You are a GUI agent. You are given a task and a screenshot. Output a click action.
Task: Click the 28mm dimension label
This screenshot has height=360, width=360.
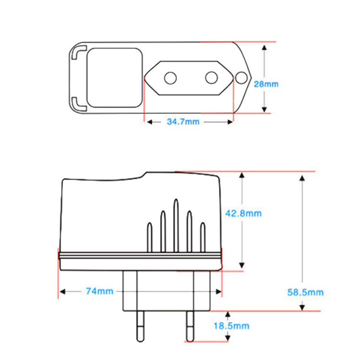click(x=266, y=84)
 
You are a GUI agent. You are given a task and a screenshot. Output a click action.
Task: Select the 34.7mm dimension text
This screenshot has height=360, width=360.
click(x=183, y=121)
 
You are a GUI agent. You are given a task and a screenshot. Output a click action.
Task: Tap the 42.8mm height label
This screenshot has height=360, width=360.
click(x=243, y=213)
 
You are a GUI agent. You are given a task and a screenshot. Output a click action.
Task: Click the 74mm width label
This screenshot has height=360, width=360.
click(x=99, y=291)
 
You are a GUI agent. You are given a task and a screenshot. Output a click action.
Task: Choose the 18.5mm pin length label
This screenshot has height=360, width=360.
click(x=231, y=326)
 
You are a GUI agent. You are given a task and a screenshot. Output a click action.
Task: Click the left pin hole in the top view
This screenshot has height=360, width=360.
click(x=170, y=77)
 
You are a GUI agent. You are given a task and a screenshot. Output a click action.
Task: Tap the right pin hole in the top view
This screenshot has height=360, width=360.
click(x=212, y=77)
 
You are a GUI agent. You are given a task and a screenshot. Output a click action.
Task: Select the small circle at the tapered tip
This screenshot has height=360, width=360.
click(x=241, y=77)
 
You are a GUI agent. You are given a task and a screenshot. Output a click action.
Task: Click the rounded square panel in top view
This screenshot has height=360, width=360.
click(x=115, y=77)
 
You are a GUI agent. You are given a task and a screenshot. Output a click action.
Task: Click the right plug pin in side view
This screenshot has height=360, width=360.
click(x=189, y=325)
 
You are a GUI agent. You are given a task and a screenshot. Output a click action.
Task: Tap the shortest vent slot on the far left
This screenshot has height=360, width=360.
click(x=150, y=237)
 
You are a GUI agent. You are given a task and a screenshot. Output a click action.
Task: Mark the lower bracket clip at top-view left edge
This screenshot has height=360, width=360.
click(x=78, y=102)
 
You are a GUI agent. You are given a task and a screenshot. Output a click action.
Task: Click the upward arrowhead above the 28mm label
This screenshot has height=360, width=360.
click(x=264, y=48)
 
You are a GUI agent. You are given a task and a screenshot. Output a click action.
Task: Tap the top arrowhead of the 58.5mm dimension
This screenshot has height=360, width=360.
click(x=301, y=179)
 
